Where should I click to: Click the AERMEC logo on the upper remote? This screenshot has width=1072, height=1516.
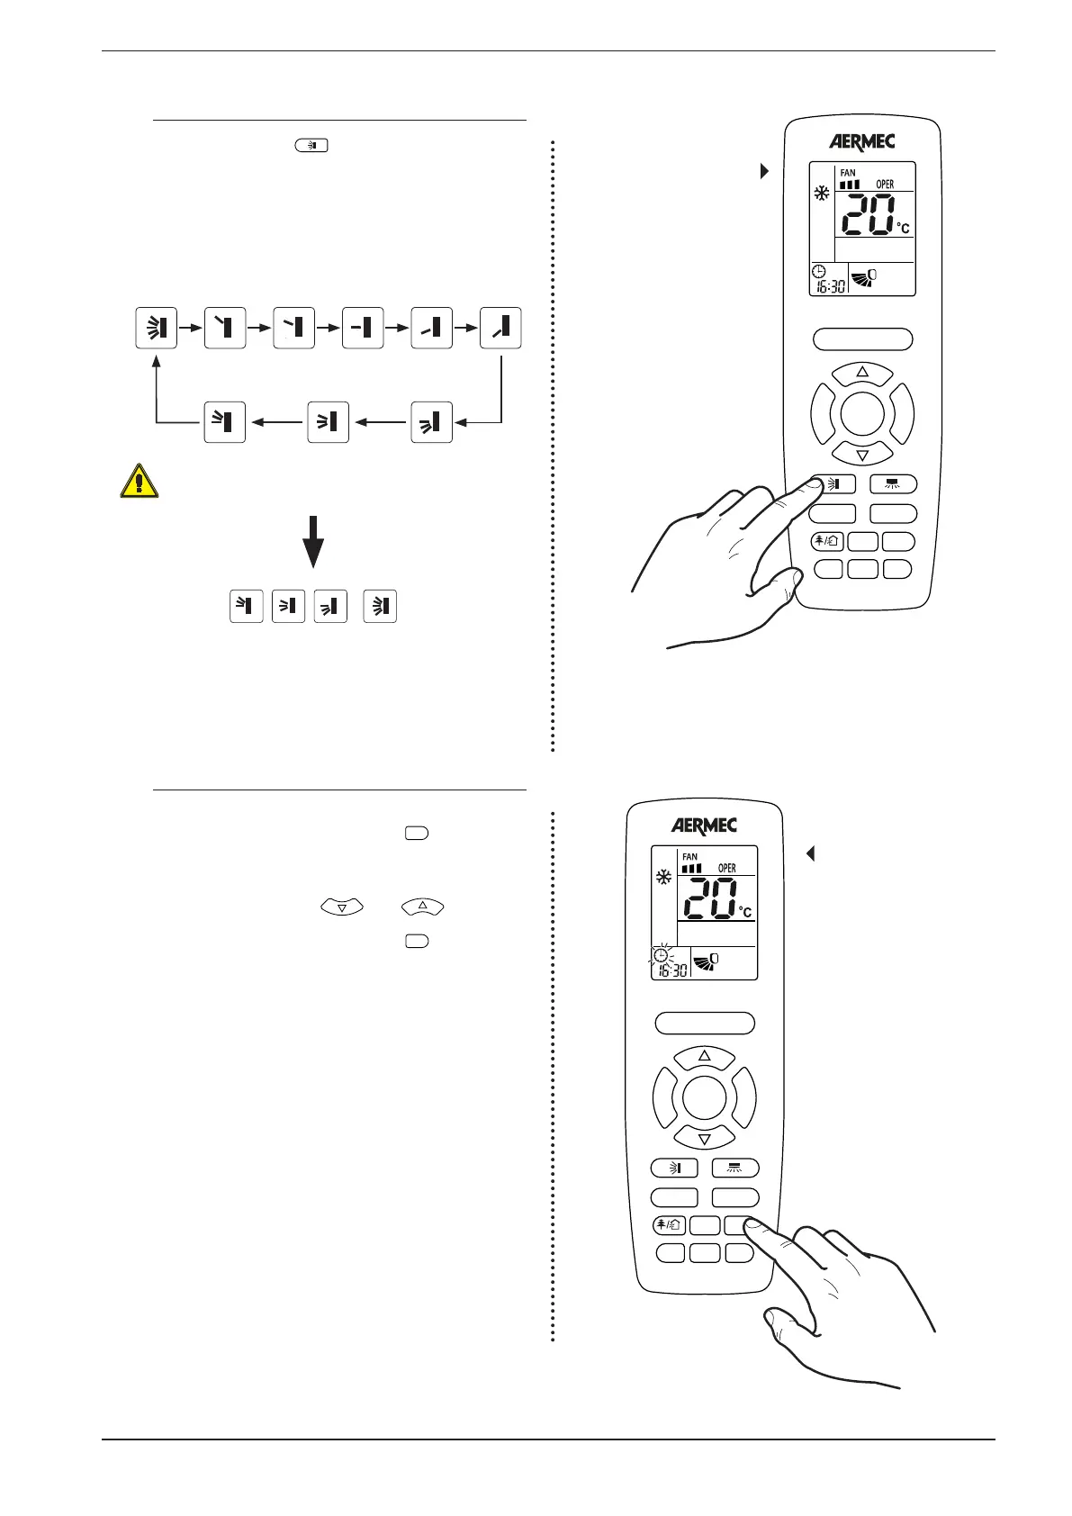[861, 142]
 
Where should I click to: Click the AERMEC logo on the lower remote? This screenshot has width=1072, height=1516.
[704, 826]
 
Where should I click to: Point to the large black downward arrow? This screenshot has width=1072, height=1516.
[313, 540]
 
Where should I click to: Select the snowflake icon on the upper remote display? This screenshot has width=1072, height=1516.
[822, 193]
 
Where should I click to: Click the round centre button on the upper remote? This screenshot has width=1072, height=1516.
[862, 414]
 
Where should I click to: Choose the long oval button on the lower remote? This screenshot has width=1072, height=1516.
[704, 1023]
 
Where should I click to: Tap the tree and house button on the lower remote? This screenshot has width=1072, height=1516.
[671, 1225]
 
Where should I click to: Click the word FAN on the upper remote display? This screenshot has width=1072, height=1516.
[848, 173]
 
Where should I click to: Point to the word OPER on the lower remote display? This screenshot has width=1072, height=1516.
[726, 868]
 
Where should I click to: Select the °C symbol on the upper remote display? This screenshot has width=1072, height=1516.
[903, 229]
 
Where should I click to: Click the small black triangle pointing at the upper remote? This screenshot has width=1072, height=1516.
[765, 170]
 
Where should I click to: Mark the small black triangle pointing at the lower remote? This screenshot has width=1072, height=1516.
[810, 853]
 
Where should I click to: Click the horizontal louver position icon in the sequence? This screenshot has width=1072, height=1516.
[363, 328]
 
